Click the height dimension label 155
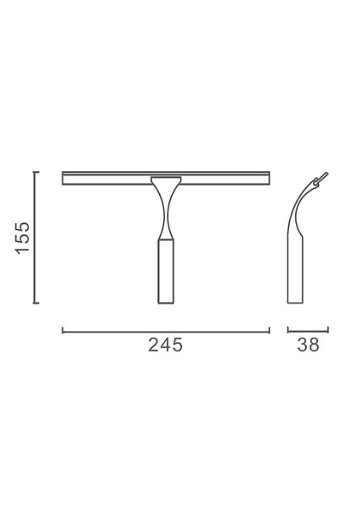23,237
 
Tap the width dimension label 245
166,345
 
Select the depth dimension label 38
308,345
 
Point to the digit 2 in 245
154,345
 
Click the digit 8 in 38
314,345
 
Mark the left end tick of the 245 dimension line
62,330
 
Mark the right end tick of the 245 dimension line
269,330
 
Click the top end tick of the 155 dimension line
36,172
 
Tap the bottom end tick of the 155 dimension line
36,303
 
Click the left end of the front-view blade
64,178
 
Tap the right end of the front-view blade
268,178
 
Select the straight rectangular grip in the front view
166,270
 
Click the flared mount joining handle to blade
166,181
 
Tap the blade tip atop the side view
323,177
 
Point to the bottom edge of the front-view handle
166,303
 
